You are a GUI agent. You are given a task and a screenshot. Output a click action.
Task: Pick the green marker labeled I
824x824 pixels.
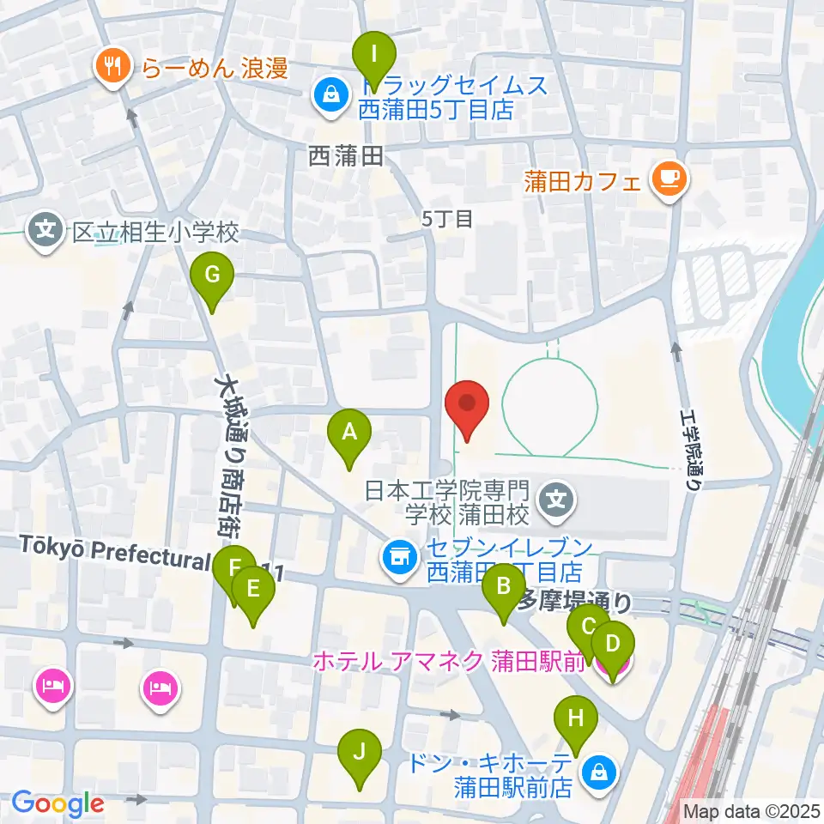click(374, 59)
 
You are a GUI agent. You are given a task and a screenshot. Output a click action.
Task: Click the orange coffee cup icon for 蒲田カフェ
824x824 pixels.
click(669, 179)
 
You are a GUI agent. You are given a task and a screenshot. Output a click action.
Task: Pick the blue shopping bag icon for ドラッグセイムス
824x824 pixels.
click(330, 95)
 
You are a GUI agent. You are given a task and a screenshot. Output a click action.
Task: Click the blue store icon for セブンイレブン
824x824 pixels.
click(397, 559)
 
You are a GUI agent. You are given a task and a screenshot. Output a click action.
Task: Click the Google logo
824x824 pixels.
click(58, 803)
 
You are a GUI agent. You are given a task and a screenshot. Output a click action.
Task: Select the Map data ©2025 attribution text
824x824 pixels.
click(750, 809)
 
